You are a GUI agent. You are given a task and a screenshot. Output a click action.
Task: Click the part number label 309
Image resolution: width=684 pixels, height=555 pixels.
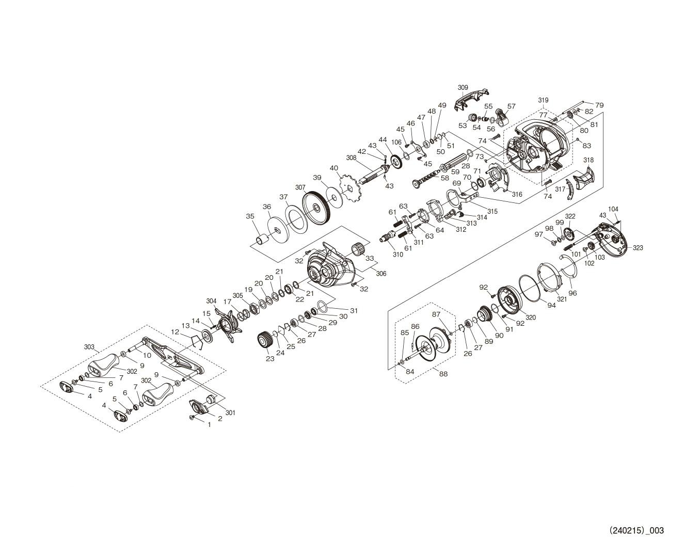tap(463, 87)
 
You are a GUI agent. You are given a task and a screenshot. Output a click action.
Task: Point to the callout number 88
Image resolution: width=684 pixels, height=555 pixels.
tap(444, 374)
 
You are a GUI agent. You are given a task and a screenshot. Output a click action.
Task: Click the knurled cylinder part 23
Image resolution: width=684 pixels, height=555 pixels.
tap(265, 339)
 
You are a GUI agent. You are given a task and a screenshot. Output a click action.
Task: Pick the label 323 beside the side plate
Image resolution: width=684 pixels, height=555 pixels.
tap(638, 248)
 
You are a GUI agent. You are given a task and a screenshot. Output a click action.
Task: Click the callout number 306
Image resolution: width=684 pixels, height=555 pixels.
tap(381, 273)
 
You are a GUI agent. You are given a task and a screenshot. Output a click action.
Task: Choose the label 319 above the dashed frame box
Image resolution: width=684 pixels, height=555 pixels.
tap(543, 100)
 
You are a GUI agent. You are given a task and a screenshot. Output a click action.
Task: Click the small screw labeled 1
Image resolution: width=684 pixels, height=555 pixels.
tap(192, 417)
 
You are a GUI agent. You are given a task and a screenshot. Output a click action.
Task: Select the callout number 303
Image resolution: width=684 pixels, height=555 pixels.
tap(89, 347)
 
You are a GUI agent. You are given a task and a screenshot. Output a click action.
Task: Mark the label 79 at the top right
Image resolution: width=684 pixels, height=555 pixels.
tap(599, 105)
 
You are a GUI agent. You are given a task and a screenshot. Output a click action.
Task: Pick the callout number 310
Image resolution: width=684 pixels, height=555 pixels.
tap(397, 255)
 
